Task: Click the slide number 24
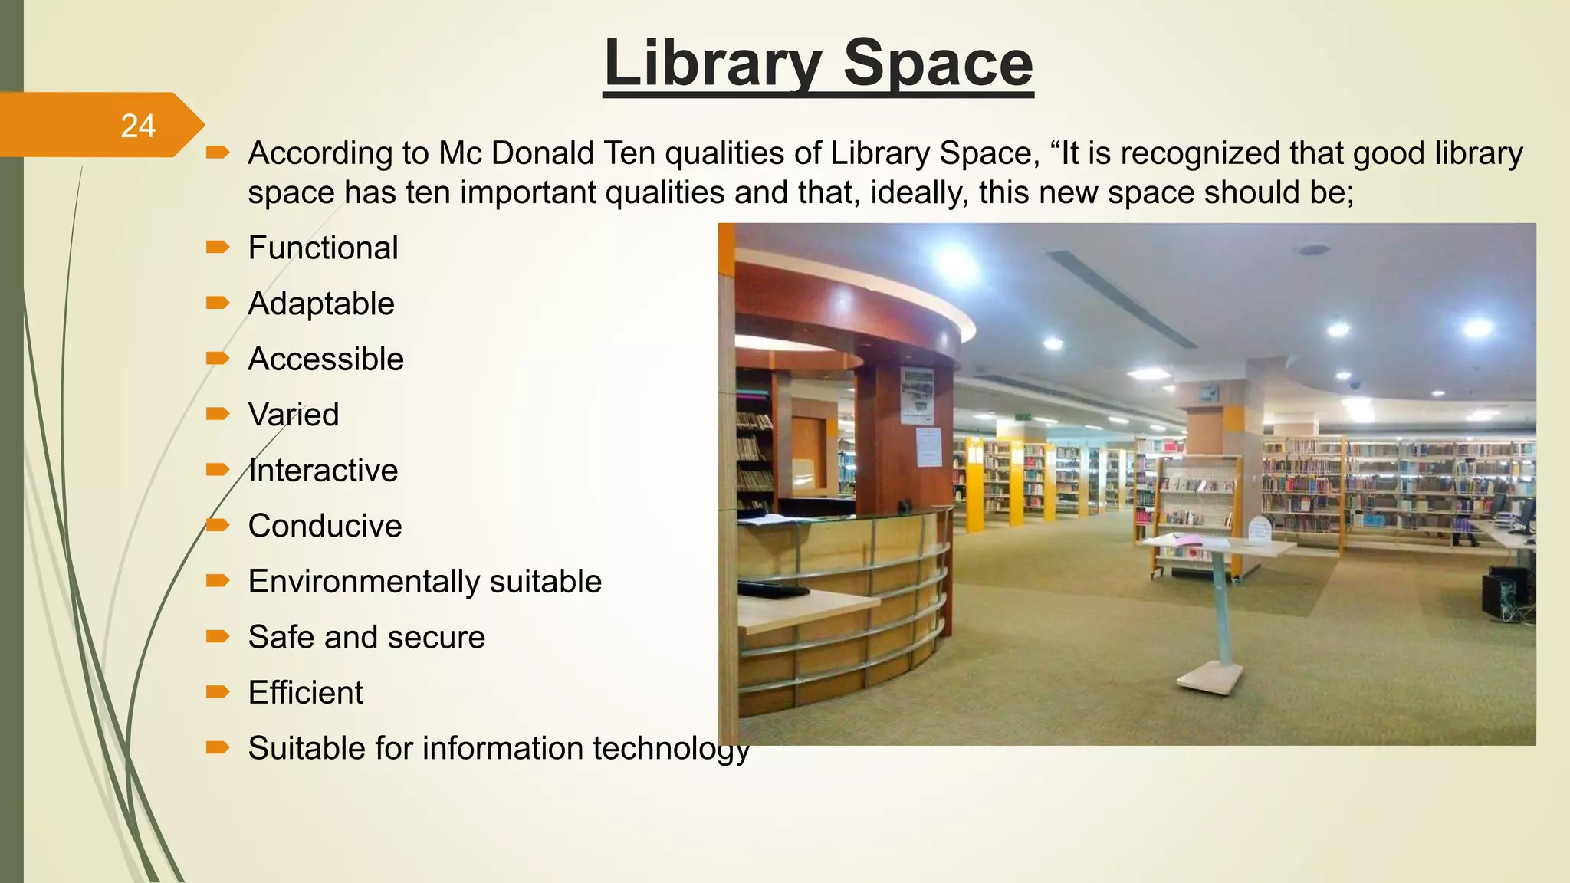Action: pos(138,126)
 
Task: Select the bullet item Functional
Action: pos(323,248)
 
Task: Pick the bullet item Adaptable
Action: pos(321,304)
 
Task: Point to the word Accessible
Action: pos(326,359)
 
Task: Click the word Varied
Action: pos(294,415)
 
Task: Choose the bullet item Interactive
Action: pos(323,471)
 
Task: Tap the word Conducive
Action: pos(325,526)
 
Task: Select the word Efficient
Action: pos(305,693)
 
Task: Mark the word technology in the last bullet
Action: pos(672,749)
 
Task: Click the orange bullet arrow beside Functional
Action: pos(218,247)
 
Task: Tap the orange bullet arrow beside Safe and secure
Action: pos(218,636)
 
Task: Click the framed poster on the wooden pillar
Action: pos(917,396)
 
